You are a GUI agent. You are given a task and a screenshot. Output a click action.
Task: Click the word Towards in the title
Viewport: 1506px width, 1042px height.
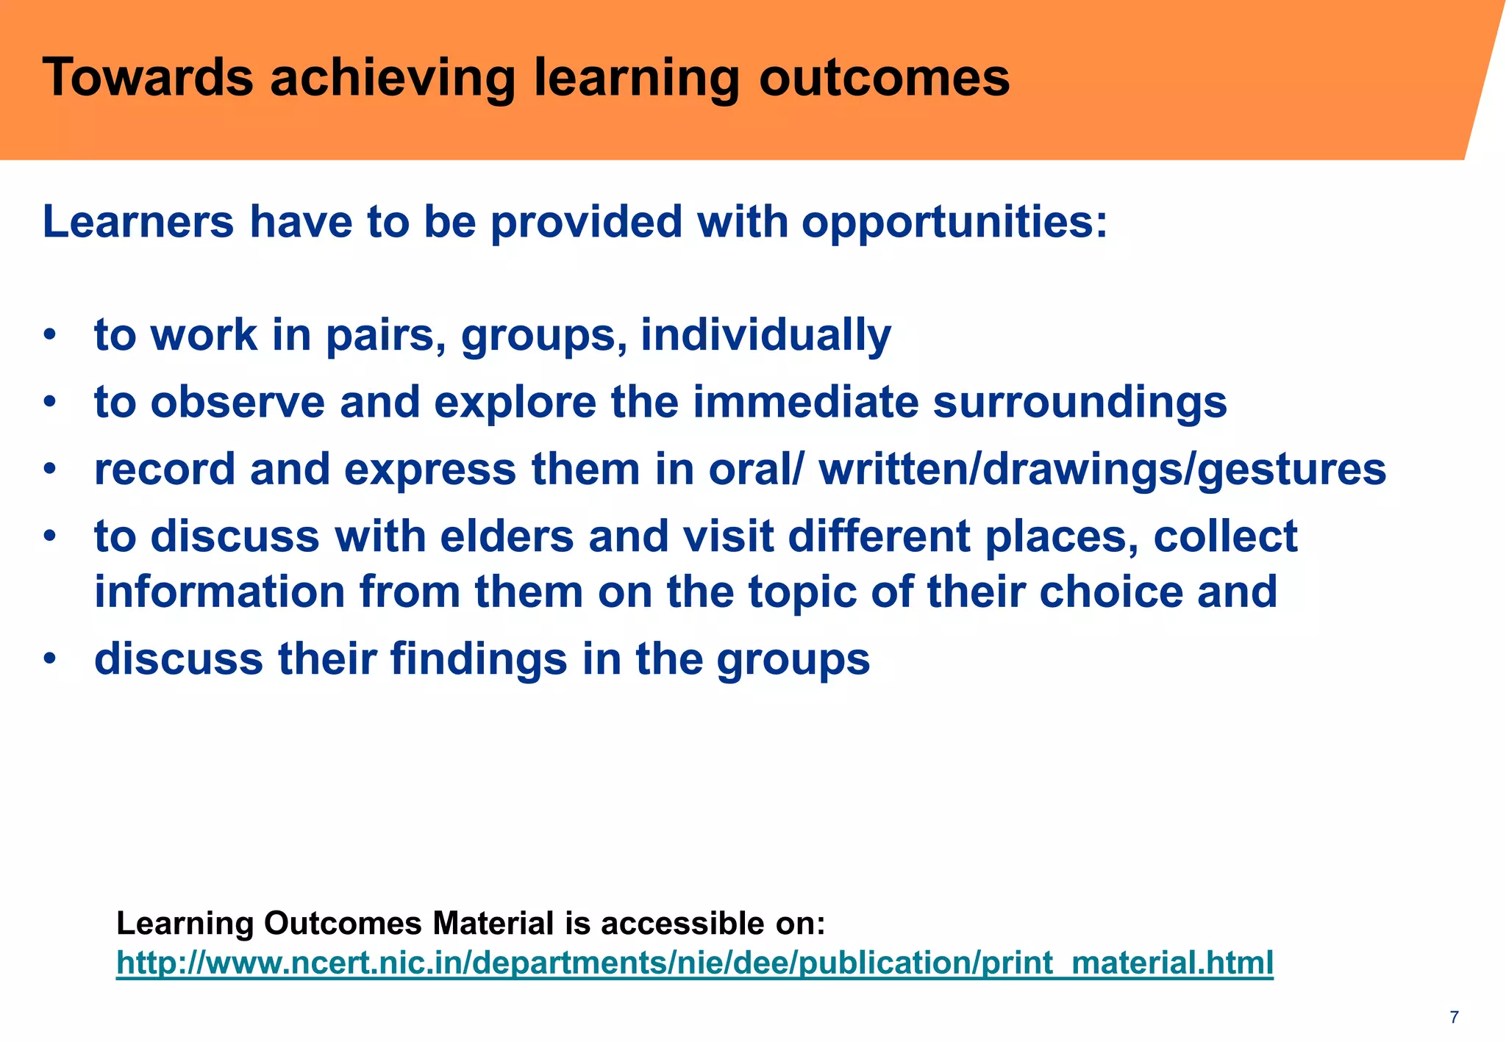pos(147,78)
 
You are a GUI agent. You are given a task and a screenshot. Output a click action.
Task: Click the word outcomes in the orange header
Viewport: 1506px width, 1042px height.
pos(885,78)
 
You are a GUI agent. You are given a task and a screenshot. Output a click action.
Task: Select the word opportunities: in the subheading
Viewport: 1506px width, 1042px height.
pos(954,222)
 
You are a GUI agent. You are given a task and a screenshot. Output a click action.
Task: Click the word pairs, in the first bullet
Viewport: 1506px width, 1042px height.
pos(385,336)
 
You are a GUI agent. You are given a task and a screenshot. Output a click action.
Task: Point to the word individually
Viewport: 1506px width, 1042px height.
pos(766,336)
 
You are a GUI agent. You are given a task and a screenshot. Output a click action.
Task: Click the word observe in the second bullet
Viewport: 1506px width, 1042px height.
pos(238,403)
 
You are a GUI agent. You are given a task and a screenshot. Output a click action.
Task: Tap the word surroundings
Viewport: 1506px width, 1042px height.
pos(1079,403)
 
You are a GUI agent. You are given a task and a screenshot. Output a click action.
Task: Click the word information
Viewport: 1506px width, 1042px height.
pos(219,592)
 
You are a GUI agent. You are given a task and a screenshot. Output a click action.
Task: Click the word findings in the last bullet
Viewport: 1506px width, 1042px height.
pos(479,659)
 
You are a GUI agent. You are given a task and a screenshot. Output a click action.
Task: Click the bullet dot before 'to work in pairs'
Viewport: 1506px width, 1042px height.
pos(49,336)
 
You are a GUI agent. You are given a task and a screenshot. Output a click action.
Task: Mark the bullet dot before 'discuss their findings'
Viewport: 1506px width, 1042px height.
pos(49,659)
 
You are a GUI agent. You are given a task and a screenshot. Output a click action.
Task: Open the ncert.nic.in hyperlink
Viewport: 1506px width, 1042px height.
pos(694,963)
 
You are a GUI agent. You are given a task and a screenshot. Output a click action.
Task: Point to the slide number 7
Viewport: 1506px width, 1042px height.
pos(1454,1018)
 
